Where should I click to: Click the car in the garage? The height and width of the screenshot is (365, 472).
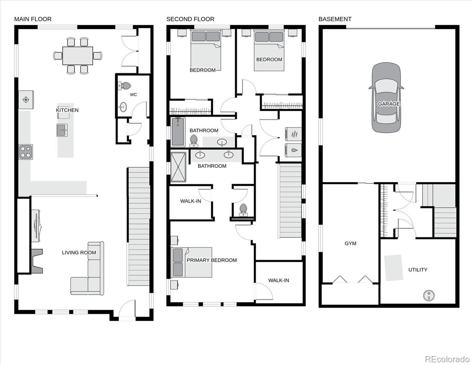pos(386,97)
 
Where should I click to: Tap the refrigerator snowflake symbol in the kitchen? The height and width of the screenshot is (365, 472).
pos(26,100)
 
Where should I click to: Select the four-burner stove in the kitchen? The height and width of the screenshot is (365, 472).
pos(26,152)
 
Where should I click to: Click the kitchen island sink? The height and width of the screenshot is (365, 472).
pos(62,130)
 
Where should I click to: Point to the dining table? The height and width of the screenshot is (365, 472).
pos(78,56)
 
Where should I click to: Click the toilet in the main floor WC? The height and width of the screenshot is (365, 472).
pos(125,86)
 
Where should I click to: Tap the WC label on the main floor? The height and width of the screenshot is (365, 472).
pos(133,95)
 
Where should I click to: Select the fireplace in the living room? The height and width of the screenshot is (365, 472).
pos(37,261)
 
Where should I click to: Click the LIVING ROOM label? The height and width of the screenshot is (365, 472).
pos(79,252)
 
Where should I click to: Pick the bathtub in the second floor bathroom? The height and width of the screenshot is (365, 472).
pos(178,132)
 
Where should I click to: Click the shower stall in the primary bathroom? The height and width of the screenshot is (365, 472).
pos(178,167)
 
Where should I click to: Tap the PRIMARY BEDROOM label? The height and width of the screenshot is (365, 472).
pos(212,260)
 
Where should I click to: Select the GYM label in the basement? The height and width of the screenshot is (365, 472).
pos(350,243)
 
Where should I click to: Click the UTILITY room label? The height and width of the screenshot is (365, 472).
pos(418,270)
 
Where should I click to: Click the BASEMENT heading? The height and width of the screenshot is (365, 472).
pos(335,19)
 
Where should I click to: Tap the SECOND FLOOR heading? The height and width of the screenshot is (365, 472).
pos(190,19)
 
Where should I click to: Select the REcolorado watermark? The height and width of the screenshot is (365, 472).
pos(448,359)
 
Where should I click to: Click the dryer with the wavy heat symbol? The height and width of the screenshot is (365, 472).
pos(293,134)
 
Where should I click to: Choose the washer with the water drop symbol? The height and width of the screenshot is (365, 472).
pos(293,150)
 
